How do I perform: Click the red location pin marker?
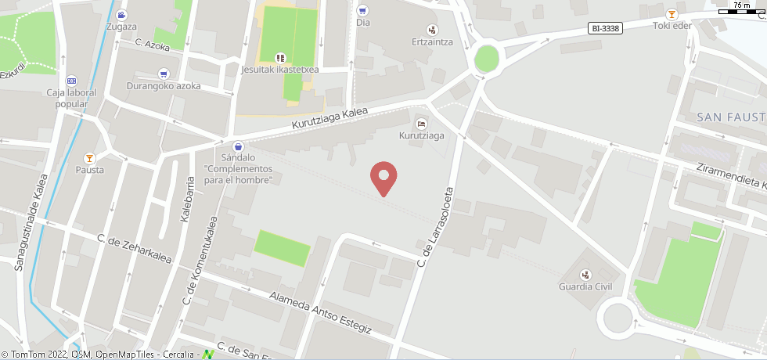point(383,178)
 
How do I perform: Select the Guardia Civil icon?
point(585,274)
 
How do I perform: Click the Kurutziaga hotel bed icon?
point(422,124)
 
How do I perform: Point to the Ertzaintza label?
point(433,41)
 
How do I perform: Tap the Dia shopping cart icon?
point(362,10)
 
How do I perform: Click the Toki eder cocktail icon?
point(672,14)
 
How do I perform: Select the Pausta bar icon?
point(89,157)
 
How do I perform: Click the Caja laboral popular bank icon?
point(71,80)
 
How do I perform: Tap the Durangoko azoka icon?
point(164,74)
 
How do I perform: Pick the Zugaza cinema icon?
point(121,15)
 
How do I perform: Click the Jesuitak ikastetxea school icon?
point(280,57)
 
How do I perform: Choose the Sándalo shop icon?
point(238,146)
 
